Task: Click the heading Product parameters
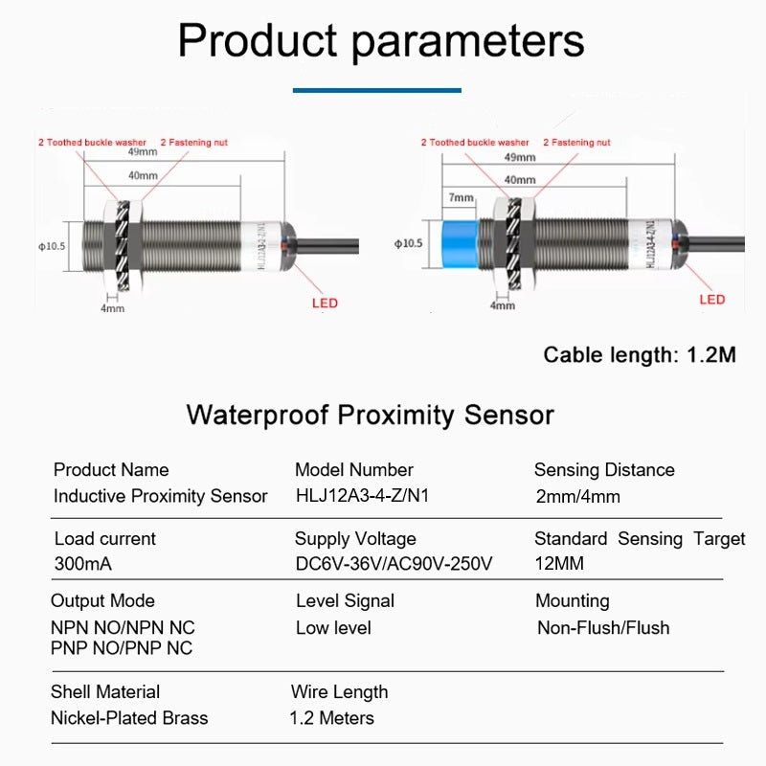click(x=381, y=41)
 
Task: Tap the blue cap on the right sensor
click(x=461, y=244)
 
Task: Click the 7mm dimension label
click(x=461, y=198)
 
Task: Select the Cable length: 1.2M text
click(x=640, y=355)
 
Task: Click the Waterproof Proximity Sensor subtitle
click(x=370, y=416)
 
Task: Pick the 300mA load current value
click(x=83, y=564)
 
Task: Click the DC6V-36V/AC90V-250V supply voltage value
click(x=394, y=564)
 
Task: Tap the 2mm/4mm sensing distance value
click(x=578, y=497)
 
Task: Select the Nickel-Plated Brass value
click(x=129, y=718)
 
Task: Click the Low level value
click(x=333, y=628)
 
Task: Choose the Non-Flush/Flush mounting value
click(x=603, y=628)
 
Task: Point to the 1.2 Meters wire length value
click(x=331, y=718)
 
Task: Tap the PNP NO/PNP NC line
click(x=122, y=648)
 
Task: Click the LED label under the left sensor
click(x=325, y=304)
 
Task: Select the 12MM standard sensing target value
click(x=559, y=564)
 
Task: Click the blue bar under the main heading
click(x=376, y=91)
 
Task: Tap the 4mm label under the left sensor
click(x=112, y=308)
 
